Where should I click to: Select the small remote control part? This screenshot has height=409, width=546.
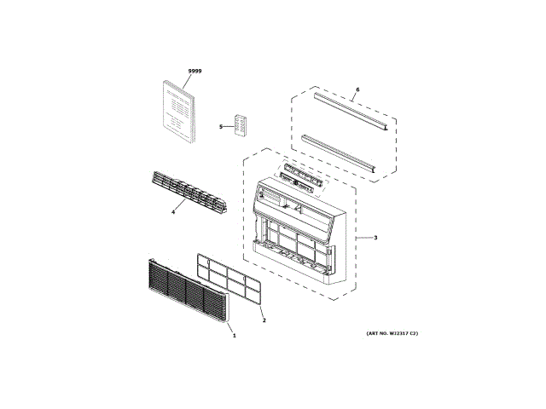point(242,124)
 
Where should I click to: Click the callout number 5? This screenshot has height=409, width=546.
point(220,127)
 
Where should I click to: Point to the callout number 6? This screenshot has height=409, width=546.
point(357,89)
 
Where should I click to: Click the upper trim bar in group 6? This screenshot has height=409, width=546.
point(350,112)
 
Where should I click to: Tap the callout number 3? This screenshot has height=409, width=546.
point(375,238)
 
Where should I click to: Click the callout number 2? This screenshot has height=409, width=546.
point(264,320)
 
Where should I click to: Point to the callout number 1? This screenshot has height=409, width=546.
point(234,336)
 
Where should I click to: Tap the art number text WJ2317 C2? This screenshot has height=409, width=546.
point(386,333)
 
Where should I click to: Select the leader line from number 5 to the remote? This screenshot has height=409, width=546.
point(228,126)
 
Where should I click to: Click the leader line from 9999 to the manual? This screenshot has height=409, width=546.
point(192,78)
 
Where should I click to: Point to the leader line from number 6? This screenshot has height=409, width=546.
point(354,96)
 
